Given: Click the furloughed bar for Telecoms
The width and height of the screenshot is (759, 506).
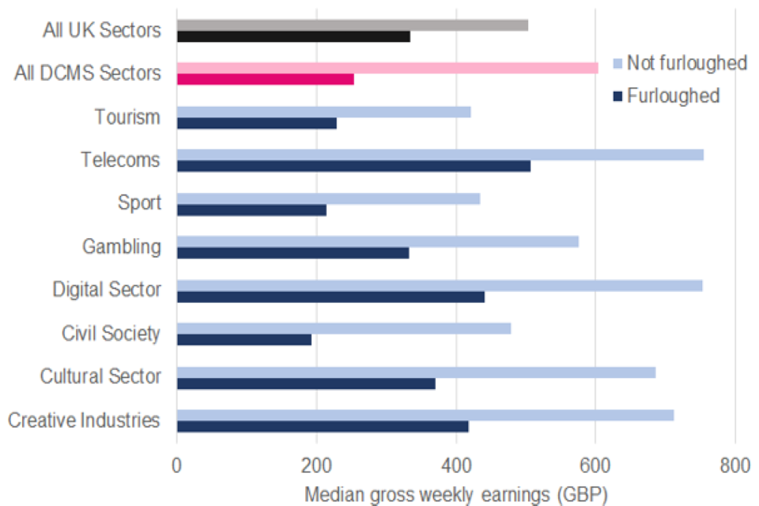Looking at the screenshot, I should (x=353, y=166).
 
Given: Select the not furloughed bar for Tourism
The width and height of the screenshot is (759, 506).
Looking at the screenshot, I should (x=323, y=111).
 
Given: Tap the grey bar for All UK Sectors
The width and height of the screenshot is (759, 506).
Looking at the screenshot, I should (x=352, y=25).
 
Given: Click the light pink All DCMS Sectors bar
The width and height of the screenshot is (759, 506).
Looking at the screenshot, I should (x=387, y=68).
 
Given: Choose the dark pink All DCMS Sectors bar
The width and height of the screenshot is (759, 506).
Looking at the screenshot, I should (x=265, y=79).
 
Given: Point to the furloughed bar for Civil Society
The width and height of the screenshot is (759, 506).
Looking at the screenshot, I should (x=244, y=339).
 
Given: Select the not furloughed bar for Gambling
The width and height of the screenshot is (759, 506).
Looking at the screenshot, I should (x=377, y=241).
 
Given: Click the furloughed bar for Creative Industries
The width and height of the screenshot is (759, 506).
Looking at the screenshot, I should (x=323, y=426).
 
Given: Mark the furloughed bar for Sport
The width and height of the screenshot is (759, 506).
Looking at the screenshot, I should (x=251, y=210).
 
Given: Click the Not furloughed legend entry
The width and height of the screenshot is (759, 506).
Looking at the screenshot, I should (x=680, y=62).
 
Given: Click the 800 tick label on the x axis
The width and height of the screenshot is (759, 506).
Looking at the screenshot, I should (x=734, y=465).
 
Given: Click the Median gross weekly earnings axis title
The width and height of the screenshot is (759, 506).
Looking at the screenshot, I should (x=456, y=495).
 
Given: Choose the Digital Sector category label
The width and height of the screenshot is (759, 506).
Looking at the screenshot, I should (x=107, y=289).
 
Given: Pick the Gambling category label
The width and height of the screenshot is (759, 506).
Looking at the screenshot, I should (x=121, y=247).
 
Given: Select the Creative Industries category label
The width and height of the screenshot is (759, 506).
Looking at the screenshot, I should (x=84, y=420).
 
